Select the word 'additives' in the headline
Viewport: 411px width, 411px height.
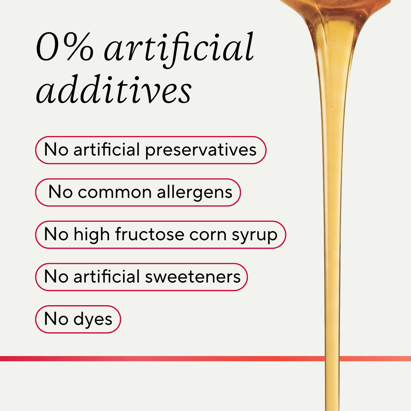click(113, 89)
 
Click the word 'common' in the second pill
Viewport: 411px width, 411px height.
click(115, 192)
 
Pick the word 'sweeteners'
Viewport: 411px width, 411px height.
click(193, 277)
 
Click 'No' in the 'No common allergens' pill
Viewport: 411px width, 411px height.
click(61, 192)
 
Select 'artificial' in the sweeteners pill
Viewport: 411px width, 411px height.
click(107, 276)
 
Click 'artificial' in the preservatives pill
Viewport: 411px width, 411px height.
click(107, 149)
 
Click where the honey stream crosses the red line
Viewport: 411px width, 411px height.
click(332, 359)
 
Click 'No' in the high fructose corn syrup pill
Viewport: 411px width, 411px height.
click(56, 234)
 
